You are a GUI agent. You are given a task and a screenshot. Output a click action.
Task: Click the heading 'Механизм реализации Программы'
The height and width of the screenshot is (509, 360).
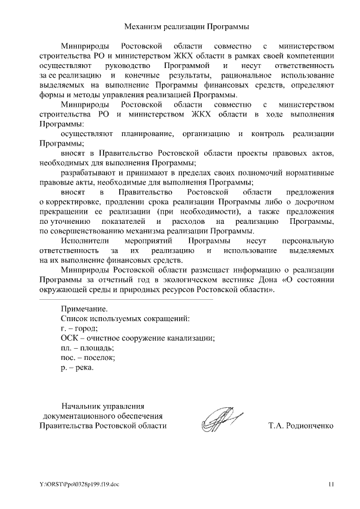tap(186, 26)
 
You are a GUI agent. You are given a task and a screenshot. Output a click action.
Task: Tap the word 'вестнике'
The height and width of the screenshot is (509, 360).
tap(232, 280)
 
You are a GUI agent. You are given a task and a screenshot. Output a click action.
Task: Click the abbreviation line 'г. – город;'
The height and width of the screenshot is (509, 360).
tap(79, 328)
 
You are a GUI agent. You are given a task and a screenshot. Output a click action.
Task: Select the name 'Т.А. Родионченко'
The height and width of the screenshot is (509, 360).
tap(301, 426)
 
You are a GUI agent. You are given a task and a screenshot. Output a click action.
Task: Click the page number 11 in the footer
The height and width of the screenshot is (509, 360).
tap(331, 483)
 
